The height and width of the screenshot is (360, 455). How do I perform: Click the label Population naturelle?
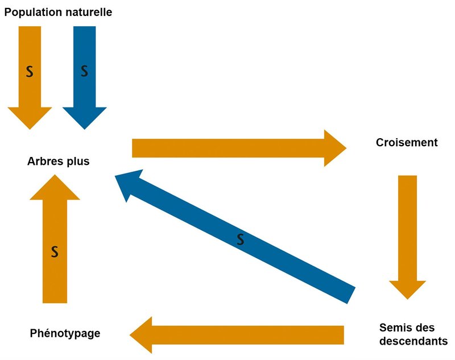click(59, 11)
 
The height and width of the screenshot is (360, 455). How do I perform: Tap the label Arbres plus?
click(59, 162)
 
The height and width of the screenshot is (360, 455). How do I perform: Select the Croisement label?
click(407, 143)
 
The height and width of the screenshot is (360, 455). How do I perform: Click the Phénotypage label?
click(65, 333)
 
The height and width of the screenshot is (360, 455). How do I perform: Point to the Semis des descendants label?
click(413, 334)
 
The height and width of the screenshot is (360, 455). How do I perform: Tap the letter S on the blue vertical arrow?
click(84, 72)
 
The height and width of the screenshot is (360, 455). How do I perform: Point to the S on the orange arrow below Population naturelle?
click(30, 72)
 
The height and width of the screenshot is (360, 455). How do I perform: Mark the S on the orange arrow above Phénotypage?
click(55, 251)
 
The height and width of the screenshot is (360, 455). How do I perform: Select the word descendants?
click(413, 342)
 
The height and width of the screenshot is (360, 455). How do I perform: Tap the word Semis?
click(393, 328)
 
